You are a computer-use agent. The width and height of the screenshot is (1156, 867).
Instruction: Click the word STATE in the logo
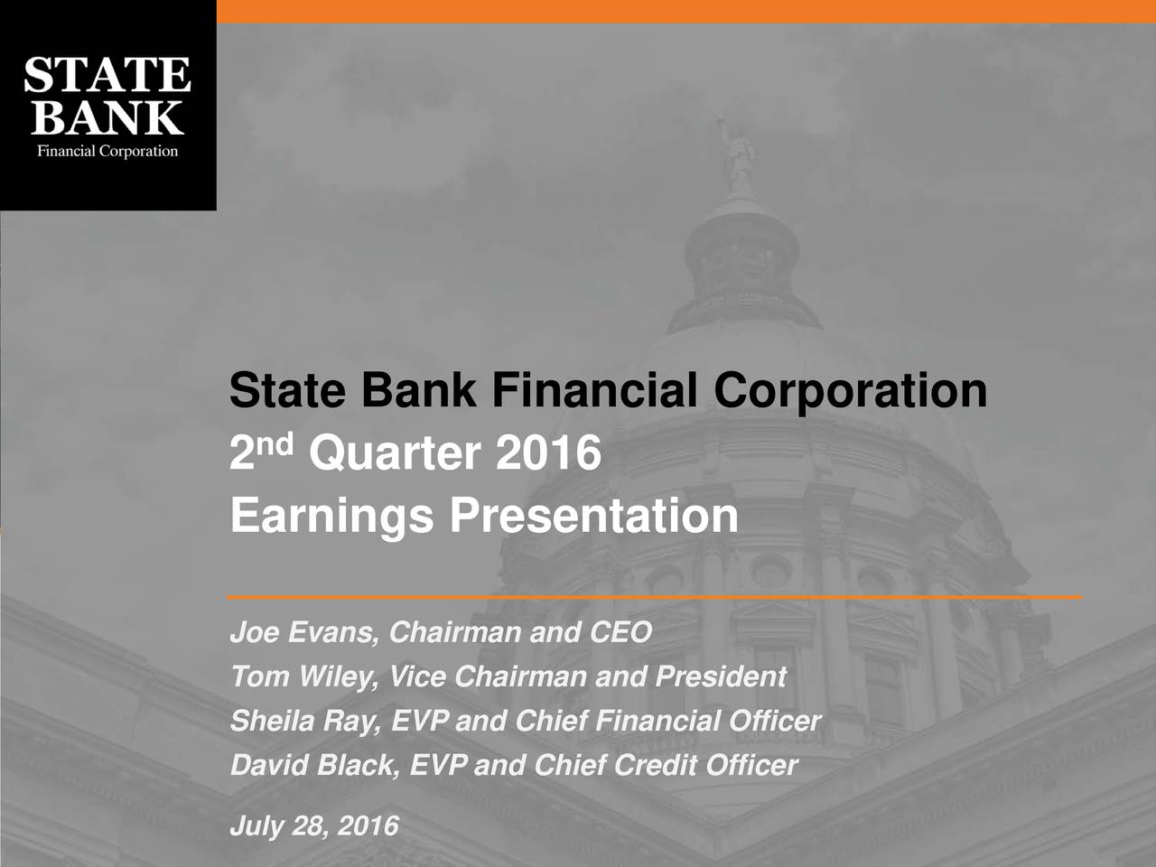[x=107, y=76]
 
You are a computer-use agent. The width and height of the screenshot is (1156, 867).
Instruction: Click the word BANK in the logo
[x=107, y=117]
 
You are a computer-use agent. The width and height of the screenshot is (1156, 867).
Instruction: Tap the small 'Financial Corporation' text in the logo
[x=107, y=151]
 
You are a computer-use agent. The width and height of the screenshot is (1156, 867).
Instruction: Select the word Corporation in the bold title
[x=850, y=392]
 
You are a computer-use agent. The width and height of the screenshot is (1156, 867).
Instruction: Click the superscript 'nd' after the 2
[x=280, y=443]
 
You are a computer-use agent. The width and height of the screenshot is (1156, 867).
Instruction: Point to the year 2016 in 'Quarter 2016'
[x=547, y=452]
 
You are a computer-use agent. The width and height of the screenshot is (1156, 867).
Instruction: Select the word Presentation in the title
[x=594, y=517]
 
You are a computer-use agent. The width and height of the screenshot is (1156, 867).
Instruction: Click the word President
[x=720, y=676]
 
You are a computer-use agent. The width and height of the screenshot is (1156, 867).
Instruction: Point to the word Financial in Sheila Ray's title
[x=656, y=721]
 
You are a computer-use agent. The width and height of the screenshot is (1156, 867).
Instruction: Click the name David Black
[x=312, y=765]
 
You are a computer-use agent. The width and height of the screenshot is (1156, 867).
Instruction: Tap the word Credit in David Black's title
[x=656, y=765]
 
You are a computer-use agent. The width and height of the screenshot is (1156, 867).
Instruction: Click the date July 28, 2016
[x=313, y=825]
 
